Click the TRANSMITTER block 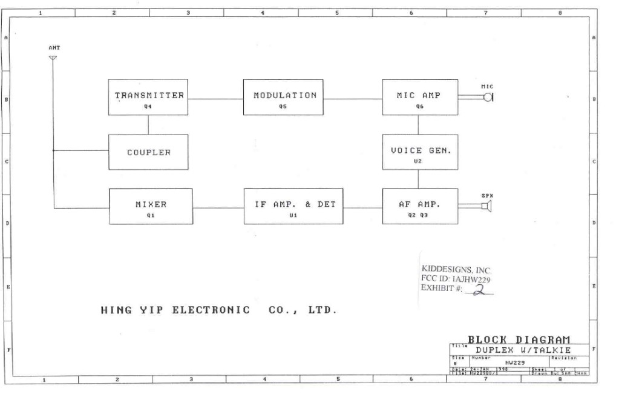click(x=148, y=97)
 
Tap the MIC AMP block click(x=419, y=97)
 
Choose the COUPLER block click(x=148, y=152)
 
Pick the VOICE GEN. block click(x=420, y=152)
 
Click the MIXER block click(x=151, y=206)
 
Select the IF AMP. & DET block click(x=294, y=206)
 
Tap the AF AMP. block click(x=420, y=206)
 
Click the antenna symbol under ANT click(x=53, y=58)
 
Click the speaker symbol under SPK click(x=486, y=207)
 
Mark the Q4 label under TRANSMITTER click(x=148, y=106)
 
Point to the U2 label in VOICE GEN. click(x=418, y=161)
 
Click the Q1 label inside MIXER click(x=151, y=215)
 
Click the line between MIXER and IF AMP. click(x=218, y=208)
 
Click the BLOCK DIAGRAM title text click(x=519, y=340)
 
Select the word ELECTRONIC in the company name click(x=211, y=310)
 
